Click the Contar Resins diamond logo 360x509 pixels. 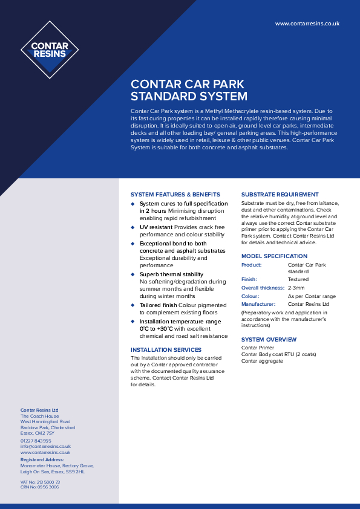tap(50, 50)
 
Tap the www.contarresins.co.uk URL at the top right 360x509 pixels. tap(307, 23)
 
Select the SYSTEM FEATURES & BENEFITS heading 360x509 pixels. tap(175, 195)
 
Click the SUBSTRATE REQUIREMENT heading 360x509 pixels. tap(280, 195)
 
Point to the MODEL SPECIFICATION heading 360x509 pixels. tap(274, 256)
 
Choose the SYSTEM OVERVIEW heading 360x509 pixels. tap(269, 340)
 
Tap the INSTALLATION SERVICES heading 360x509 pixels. tap(166, 350)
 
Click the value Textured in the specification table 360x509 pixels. tap(298, 279)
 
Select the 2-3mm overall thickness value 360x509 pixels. tap(296, 288)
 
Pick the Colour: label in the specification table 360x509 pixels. tap(250, 296)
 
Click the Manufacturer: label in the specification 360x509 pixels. tap(258, 304)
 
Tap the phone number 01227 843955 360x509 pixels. tap(36, 441)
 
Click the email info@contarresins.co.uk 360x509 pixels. tap(46, 446)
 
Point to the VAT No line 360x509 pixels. tap(40, 482)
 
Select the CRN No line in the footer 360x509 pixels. tap(39, 487)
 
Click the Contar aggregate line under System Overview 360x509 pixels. tap(262, 361)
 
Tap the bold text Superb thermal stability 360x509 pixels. tap(172, 274)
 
